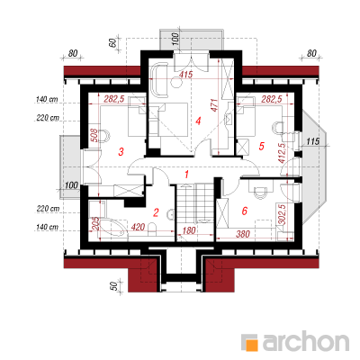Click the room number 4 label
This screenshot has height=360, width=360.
tap(198, 121)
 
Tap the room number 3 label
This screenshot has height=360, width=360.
tap(121, 151)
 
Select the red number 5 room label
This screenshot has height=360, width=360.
tap(261, 146)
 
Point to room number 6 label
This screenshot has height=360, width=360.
tap(245, 211)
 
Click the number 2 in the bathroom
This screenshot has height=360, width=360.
tap(156, 212)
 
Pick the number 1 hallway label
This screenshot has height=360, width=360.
tap(187, 174)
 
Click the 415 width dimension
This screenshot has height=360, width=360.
tap(186, 74)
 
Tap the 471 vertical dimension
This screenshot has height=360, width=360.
tap(214, 105)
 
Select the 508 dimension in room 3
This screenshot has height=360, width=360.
tap(94, 135)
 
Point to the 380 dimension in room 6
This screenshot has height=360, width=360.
tap(242, 234)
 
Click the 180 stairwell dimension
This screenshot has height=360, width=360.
tap(188, 230)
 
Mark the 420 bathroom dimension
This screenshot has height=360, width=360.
tap(138, 227)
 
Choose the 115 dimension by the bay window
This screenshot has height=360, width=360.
tap(313, 141)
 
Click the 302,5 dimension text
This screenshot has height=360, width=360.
tap(282, 214)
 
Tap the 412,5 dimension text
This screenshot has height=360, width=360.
tap(282, 153)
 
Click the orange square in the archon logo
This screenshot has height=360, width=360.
tap(252, 345)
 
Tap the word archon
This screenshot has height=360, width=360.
tap(306, 340)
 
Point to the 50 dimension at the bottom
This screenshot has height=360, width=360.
tap(113, 286)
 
